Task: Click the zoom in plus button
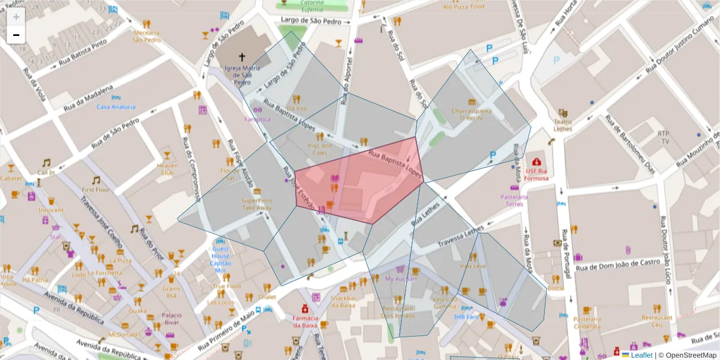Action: [16, 17]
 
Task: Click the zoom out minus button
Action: [16, 35]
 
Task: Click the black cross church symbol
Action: [242, 58]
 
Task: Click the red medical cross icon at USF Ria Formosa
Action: [536, 162]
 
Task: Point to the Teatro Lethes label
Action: [562, 125]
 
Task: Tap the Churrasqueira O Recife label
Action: [472, 114]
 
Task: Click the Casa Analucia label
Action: [116, 107]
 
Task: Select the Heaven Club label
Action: [167, 169]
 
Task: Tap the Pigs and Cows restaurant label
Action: [320, 149]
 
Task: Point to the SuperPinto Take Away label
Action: [257, 204]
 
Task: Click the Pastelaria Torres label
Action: [514, 200]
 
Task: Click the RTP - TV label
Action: [663, 137]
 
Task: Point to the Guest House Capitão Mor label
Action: [220, 259]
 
